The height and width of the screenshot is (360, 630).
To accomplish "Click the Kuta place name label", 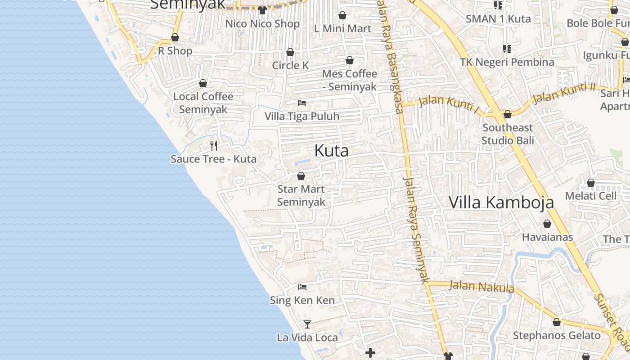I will click(331, 151).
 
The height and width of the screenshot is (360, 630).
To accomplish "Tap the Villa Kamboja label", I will click(501, 202).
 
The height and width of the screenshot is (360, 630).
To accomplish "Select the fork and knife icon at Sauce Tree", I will click(214, 145).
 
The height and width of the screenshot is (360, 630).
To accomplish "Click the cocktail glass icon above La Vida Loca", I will click(307, 324).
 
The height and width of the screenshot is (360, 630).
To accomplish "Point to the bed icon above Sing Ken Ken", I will click(302, 287).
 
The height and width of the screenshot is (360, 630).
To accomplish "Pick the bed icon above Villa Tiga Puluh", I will click(302, 103).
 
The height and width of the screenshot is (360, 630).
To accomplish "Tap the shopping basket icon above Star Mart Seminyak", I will click(301, 175).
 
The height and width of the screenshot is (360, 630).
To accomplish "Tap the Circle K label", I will click(290, 65).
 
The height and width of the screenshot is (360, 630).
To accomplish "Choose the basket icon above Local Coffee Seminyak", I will click(203, 83).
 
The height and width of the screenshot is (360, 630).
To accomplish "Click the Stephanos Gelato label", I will click(557, 336).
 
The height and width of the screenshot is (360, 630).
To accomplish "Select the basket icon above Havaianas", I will click(547, 224).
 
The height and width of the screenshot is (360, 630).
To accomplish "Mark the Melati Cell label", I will click(591, 196).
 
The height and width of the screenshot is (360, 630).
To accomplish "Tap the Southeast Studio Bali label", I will click(508, 134).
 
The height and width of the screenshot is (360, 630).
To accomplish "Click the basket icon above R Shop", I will click(175, 38).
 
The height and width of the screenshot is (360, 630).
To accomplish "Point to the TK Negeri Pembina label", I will click(507, 62).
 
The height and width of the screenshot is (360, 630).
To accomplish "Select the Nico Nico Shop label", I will click(262, 24).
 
